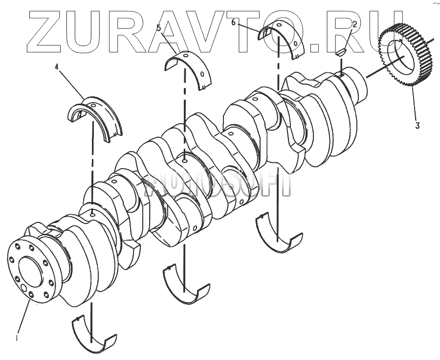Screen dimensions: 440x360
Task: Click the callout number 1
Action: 18,337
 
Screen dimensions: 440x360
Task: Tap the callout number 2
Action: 354,24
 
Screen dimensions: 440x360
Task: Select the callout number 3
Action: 417,125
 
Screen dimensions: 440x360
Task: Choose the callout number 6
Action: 233,22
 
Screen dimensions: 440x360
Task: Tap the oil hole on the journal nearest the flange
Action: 93,213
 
